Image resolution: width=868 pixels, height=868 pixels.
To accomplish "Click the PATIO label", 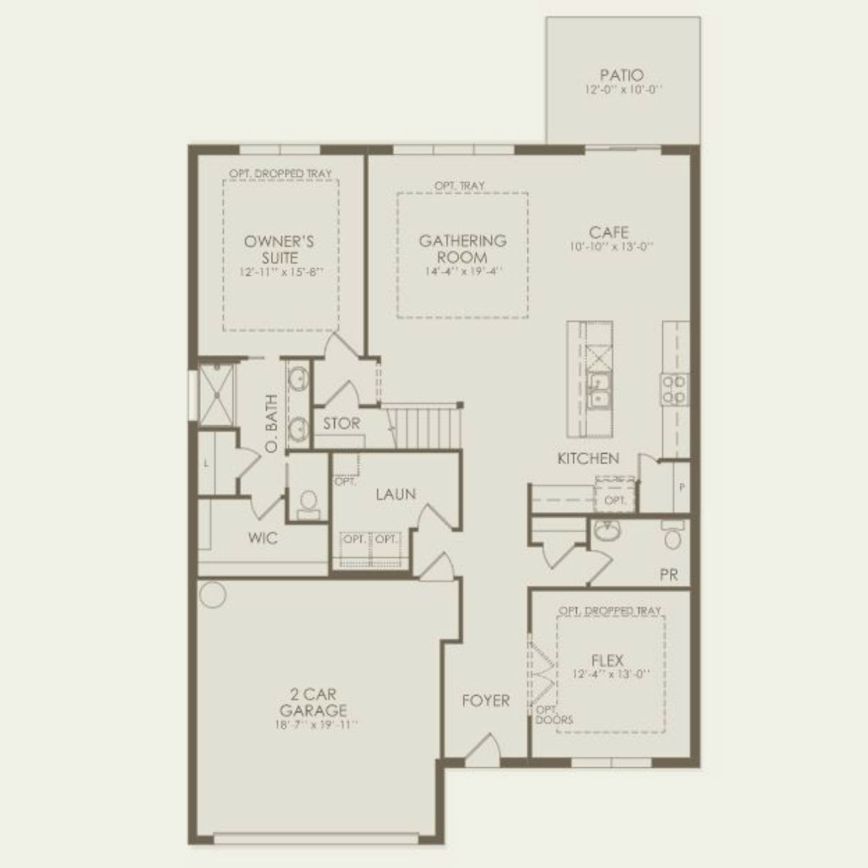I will [622, 75].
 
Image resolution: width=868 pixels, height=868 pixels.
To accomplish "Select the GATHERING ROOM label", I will [462, 248].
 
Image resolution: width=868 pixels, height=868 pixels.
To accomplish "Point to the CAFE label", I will [608, 232].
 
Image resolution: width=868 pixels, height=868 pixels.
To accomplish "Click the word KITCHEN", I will [588, 458].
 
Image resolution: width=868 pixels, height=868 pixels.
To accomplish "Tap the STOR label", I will [342, 423].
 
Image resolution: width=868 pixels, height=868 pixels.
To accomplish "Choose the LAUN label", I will [395, 494].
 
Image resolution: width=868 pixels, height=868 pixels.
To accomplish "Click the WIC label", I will [262, 538].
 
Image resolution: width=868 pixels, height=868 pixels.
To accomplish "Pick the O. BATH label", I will [272, 423].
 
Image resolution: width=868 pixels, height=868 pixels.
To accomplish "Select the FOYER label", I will [486, 701].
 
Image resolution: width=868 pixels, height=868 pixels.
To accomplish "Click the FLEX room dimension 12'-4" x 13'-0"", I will [610, 674].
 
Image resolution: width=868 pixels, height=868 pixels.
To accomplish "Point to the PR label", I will [668, 575].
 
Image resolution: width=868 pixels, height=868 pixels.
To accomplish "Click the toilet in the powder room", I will [673, 536].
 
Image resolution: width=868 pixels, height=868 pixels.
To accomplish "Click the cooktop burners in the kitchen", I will [674, 389].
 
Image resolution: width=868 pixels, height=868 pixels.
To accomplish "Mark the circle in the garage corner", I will [212, 594].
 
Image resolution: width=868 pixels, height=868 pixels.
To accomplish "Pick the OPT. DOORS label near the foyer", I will [554, 715].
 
